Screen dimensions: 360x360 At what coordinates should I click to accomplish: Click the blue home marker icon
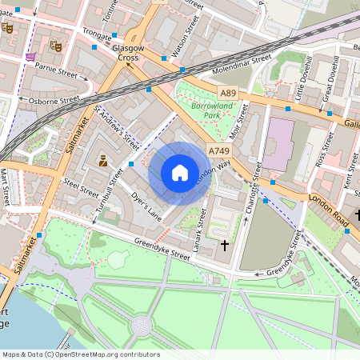pos(180,172)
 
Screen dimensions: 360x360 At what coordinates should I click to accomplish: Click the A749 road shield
pos(218,150)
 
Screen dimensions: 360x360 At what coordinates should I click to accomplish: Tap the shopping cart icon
pos(30,57)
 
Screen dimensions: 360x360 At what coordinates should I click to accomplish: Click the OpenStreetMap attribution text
pos(80,354)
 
